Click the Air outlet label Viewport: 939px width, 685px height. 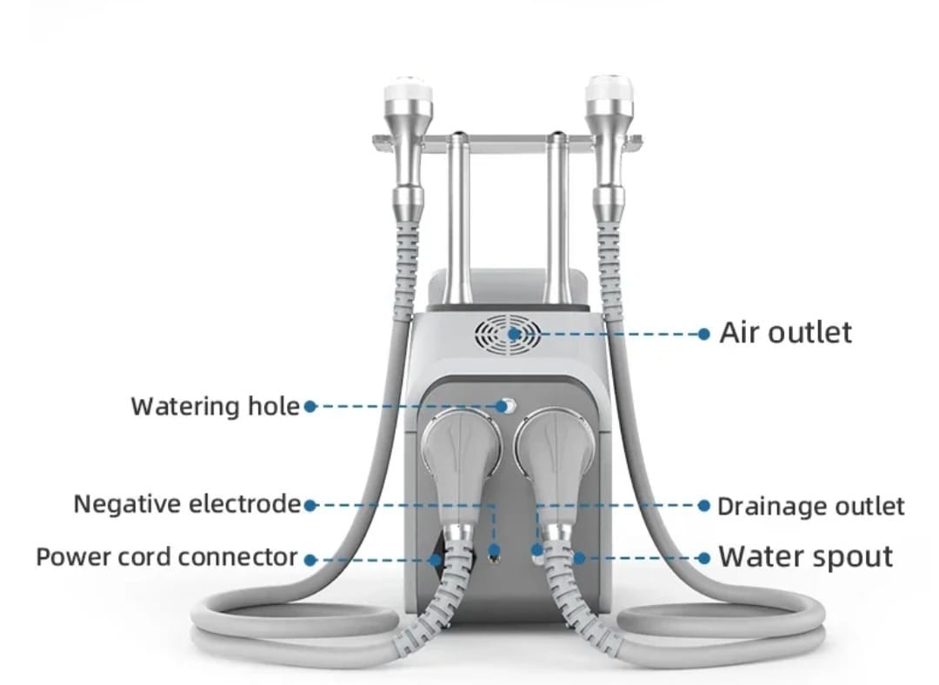pyautogui.click(x=785, y=333)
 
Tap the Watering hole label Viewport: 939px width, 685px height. pyautogui.click(x=216, y=407)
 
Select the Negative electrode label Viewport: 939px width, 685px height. pyautogui.click(x=187, y=504)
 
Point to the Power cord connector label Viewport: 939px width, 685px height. pyautogui.click(x=167, y=557)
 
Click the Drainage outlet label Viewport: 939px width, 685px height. pyautogui.click(x=811, y=507)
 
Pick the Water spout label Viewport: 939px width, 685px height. pyautogui.click(x=805, y=557)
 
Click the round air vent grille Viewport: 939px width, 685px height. pyautogui.click(x=507, y=334)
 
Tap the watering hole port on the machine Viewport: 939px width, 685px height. pyautogui.click(x=508, y=407)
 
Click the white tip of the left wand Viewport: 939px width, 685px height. pyautogui.click(x=408, y=88)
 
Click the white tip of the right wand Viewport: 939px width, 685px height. pyautogui.click(x=609, y=88)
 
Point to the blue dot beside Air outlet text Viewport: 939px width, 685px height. pyautogui.click(x=704, y=334)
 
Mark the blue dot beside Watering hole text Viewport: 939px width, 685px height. pyautogui.click(x=310, y=407)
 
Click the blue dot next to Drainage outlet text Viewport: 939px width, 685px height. pyautogui.click(x=704, y=506)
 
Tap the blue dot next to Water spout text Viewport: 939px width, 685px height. pyautogui.click(x=704, y=559)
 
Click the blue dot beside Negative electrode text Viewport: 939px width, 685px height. pyautogui.click(x=310, y=506)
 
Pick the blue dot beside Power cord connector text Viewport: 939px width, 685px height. pyautogui.click(x=310, y=561)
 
